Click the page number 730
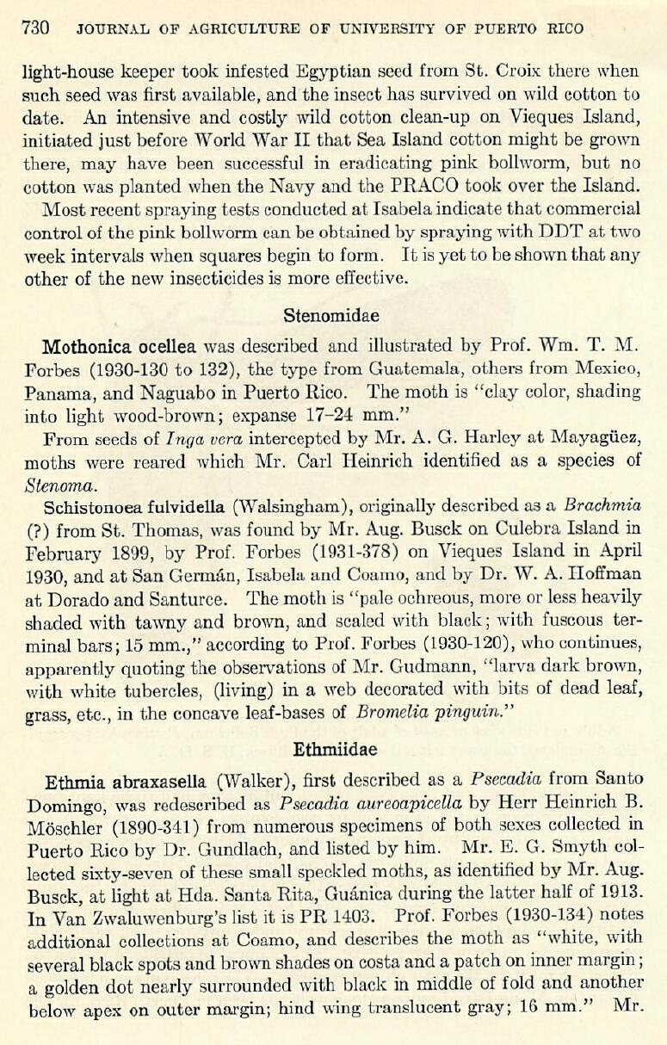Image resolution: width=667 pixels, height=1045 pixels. pos(35,28)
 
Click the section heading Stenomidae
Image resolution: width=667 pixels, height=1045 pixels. pos(331,315)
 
